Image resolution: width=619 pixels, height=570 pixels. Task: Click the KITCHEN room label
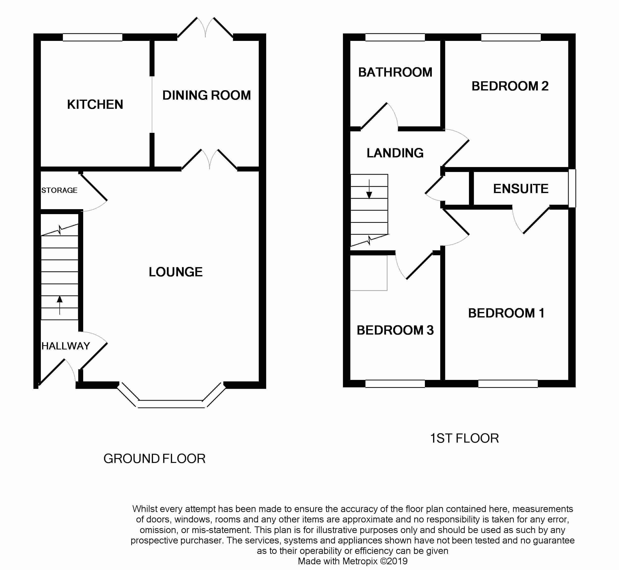click(95, 105)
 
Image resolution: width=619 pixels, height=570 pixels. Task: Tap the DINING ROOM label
click(206, 95)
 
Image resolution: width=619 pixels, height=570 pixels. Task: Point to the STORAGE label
click(59, 190)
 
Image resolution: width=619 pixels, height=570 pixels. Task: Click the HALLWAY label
click(66, 346)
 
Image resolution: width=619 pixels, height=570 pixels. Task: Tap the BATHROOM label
click(395, 72)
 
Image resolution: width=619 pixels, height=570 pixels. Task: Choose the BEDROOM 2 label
click(510, 86)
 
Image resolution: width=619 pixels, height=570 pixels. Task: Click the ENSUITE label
click(521, 189)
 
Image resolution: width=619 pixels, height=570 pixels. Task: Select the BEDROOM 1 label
click(506, 313)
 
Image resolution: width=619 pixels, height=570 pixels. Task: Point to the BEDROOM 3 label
click(395, 330)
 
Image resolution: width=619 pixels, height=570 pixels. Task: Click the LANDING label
click(395, 153)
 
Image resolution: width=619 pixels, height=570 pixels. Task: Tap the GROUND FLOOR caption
click(154, 459)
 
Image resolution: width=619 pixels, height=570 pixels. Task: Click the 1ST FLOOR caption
click(464, 438)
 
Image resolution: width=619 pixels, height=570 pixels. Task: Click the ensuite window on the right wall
click(572, 188)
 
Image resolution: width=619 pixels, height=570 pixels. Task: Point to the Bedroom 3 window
click(395, 384)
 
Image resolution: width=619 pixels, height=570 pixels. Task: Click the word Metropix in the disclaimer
click(360, 561)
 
